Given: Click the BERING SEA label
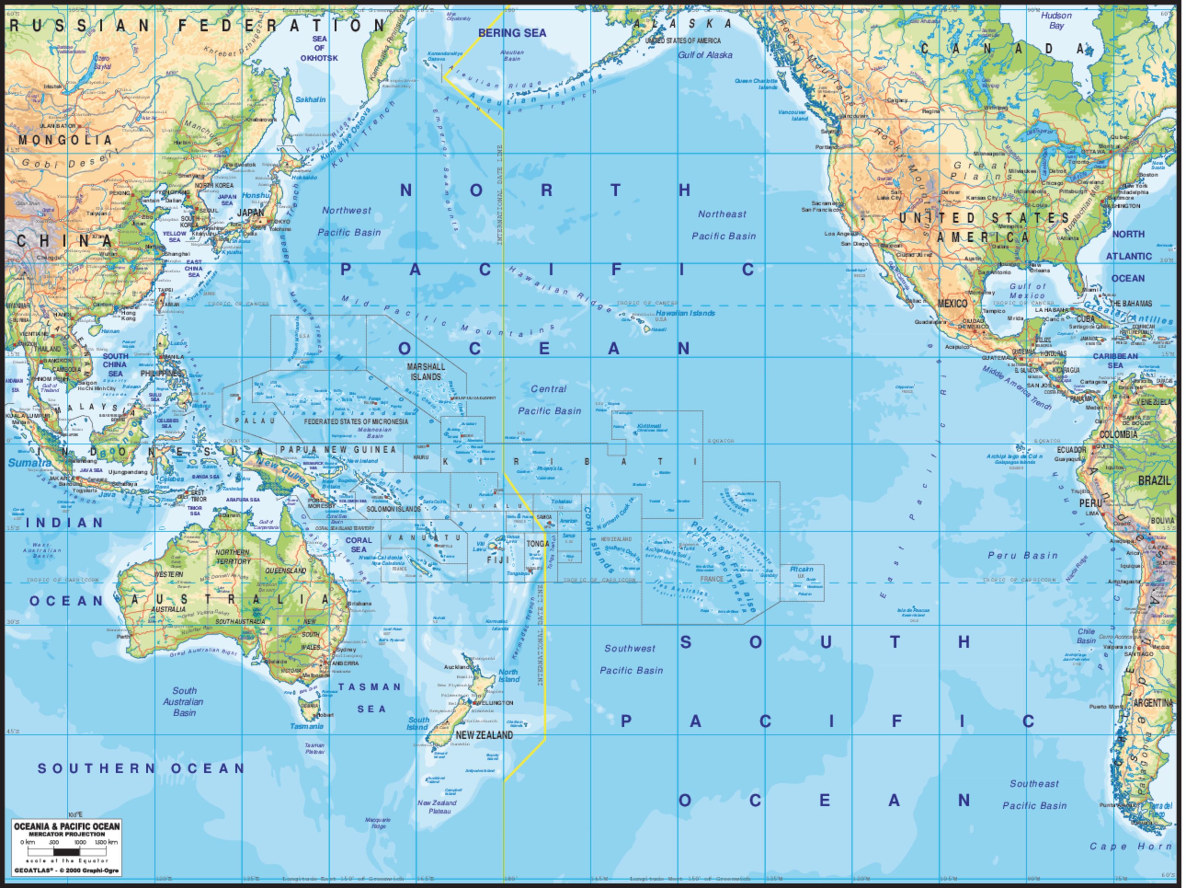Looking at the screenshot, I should point(512,33).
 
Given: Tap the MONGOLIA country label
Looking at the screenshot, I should point(65,140).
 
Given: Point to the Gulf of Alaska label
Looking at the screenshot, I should point(705,55).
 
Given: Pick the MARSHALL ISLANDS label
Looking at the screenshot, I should point(426,371).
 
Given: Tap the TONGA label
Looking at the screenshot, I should point(537,543).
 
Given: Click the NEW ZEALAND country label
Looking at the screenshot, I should point(484,735).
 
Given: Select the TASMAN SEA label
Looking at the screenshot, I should point(370,697).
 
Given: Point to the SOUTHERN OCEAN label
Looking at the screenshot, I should point(141,768).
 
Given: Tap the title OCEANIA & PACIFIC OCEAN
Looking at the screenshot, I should point(66,826).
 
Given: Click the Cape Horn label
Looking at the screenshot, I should point(1130,846).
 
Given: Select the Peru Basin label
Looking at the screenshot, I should point(1023,555).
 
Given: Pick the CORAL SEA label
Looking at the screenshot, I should point(358,545).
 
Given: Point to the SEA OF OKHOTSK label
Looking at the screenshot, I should point(319,48).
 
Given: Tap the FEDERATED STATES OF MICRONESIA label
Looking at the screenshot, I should point(356,422).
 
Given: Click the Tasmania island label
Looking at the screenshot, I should point(306,726).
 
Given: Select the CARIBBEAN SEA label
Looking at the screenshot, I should point(1115,361).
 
